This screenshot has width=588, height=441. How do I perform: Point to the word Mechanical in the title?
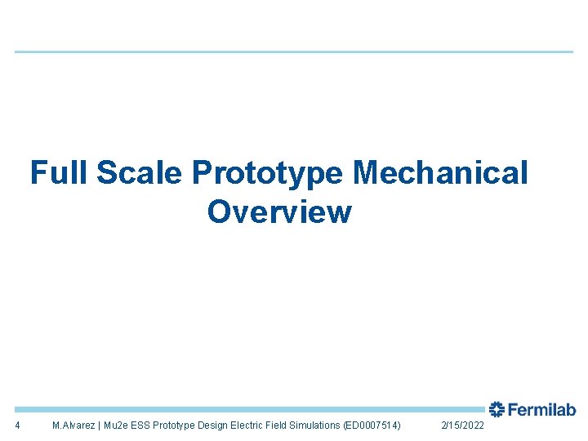pyautogui.click(x=441, y=173)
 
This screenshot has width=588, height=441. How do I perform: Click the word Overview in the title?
pyautogui.click(x=279, y=212)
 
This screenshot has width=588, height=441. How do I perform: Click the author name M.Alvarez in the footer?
pyautogui.click(x=73, y=425)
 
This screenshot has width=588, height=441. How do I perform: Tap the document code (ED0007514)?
pyautogui.click(x=372, y=425)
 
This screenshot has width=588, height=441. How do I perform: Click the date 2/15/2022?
pyautogui.click(x=462, y=425)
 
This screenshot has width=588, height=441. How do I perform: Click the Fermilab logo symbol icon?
pyautogui.click(x=497, y=410)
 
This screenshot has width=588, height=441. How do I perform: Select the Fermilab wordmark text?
pyautogui.click(x=541, y=410)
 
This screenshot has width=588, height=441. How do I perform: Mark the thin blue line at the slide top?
pyautogui.click(x=294, y=52)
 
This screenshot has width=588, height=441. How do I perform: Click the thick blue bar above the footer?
pyautogui.click(x=245, y=409)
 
